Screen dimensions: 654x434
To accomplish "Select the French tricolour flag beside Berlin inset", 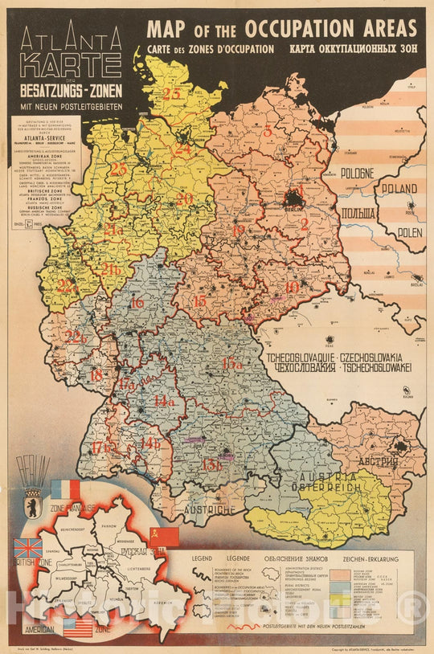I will coord(66,489).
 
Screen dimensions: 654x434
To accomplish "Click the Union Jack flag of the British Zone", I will coord(28,549).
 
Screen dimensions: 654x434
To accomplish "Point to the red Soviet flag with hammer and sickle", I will coord(163,537).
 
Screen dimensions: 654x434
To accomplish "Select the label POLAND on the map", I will coord(399,190).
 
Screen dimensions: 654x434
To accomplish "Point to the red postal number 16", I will coord(137,302).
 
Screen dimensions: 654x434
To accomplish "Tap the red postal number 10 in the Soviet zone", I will coord(292,286).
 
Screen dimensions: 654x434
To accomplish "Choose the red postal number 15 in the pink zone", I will coord(199,300).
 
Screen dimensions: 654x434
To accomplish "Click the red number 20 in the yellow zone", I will coord(185,198).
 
